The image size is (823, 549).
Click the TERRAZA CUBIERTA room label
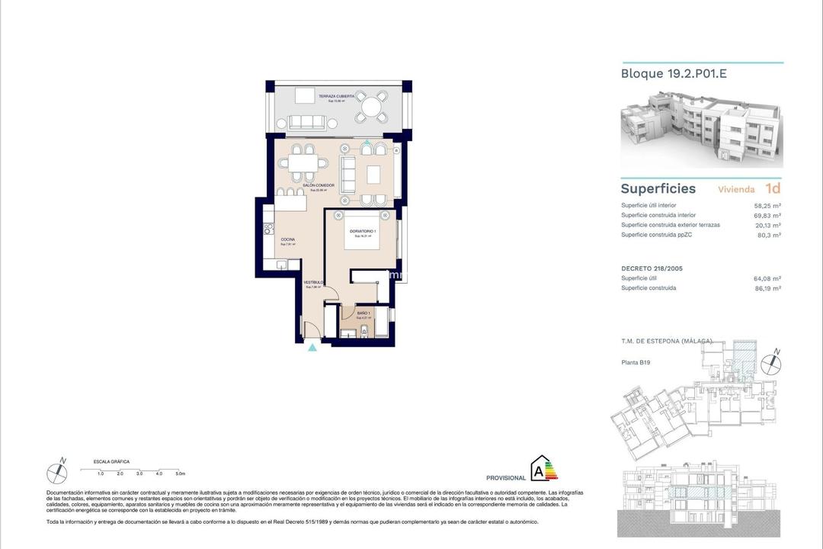pos(336,97)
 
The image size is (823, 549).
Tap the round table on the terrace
pos(373,108)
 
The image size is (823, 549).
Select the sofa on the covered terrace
pos(307,122)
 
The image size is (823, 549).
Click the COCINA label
pos(287,239)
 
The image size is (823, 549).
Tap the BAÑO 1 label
pos(363,313)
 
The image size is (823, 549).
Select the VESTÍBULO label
pos(314,283)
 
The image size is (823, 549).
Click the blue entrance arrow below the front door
pos(312,348)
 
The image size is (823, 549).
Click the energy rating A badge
pos(543,469)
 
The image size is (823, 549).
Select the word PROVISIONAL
pos(505,478)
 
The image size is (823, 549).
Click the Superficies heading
pos(658,189)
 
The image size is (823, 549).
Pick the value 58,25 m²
pos(767,206)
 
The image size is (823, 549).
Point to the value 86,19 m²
pos(767,288)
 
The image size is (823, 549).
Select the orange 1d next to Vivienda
pos(773,188)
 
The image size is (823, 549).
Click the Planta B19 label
pos(636,363)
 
